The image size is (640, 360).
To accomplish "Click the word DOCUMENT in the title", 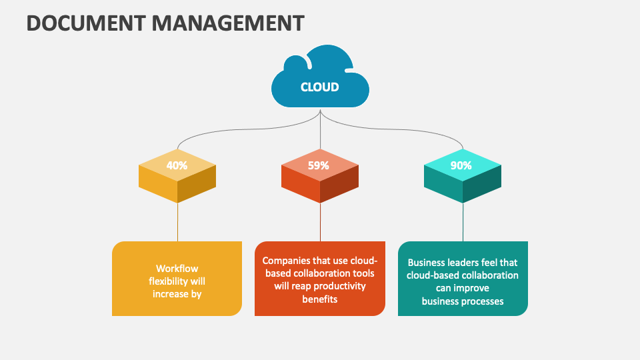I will tap(86, 23).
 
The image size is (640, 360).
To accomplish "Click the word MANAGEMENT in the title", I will tap(228, 23).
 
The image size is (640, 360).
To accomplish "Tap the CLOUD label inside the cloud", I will tap(320, 87).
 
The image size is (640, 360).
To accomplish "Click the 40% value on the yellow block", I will tap(177, 165).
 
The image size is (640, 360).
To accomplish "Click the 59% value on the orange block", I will tap(319, 165).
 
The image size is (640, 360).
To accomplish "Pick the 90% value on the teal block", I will tap(461, 165).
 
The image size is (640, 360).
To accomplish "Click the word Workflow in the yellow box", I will tap(177, 269).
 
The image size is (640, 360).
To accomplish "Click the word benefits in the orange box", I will tap(319, 299).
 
